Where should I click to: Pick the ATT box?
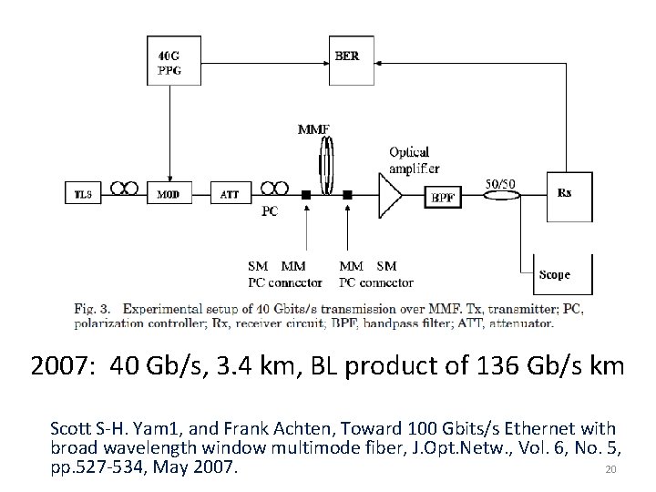coord(230,194)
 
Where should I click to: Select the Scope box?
coord(563,273)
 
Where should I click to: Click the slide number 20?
coord(611,470)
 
